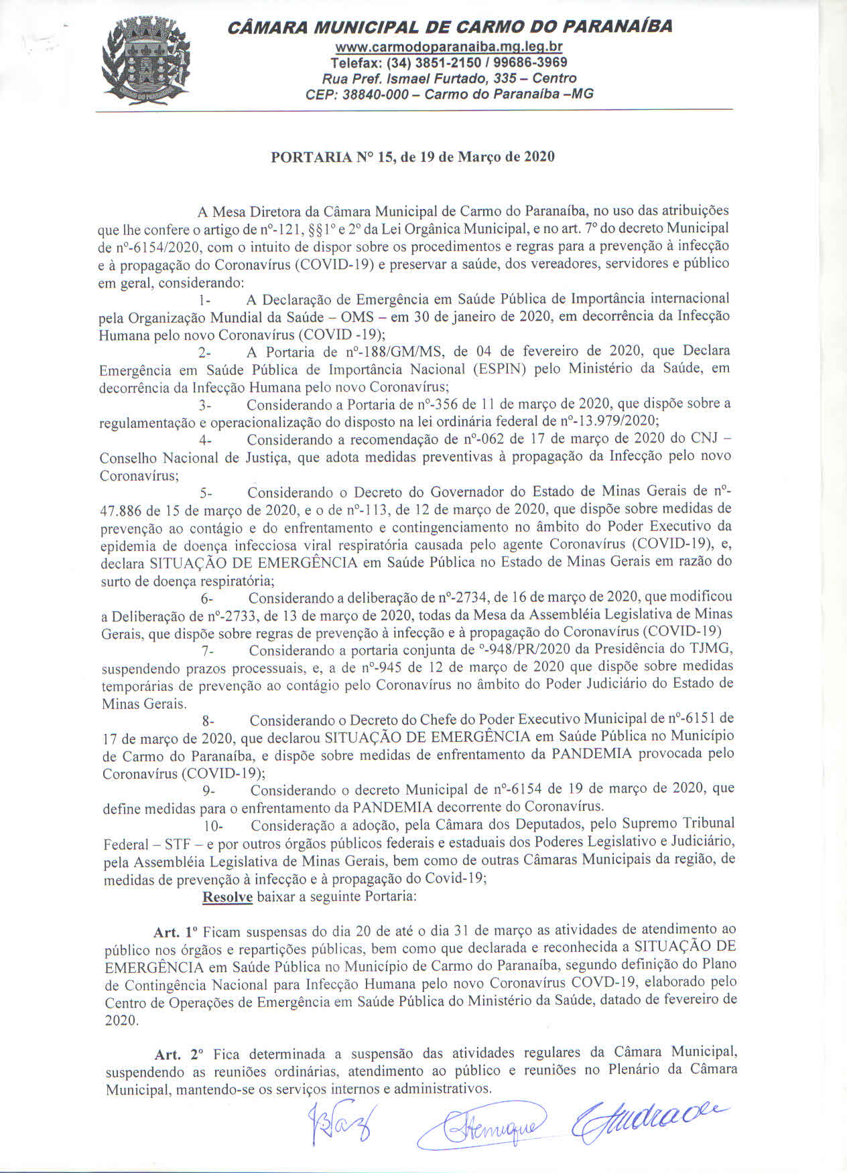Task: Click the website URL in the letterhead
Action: [x=448, y=47]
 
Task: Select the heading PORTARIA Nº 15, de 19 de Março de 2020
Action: [x=412, y=157]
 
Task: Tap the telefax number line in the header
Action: [x=449, y=62]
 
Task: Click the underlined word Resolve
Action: [x=227, y=896]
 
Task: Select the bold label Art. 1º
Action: [x=176, y=932]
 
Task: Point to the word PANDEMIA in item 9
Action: [x=392, y=806]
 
